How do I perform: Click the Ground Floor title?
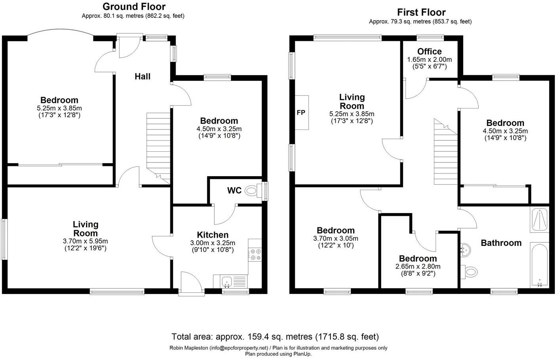134,7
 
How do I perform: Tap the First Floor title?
421,12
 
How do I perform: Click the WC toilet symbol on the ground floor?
253,191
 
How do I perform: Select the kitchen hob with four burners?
255,255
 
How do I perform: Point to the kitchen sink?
227,282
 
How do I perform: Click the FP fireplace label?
301,112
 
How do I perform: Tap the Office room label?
429,51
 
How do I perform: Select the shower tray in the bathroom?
539,220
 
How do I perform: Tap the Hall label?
142,76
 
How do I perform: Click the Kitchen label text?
213,235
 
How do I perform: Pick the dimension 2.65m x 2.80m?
418,267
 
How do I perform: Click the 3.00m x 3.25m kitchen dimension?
213,243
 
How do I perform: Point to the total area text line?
275,337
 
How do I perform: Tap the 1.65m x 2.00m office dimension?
429,59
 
